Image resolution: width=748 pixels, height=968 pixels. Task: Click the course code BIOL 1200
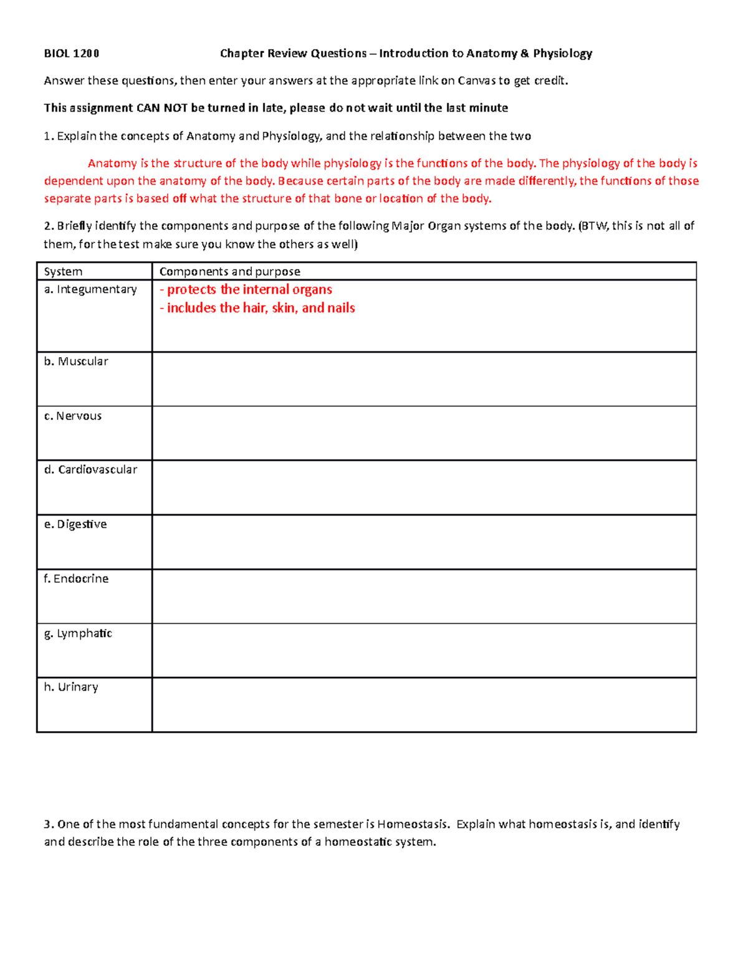point(71,54)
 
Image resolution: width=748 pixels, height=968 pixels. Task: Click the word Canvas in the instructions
point(476,80)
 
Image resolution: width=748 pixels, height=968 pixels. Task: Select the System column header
point(63,272)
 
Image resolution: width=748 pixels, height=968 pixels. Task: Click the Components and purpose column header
point(229,272)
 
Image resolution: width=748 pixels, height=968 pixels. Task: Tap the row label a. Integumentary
point(90,289)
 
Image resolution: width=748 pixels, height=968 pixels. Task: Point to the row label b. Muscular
point(76,362)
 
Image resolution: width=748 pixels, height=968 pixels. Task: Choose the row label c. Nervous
point(73,416)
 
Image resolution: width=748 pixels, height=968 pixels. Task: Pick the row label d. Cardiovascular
point(90,469)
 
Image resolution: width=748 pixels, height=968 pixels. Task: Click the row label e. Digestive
point(75,524)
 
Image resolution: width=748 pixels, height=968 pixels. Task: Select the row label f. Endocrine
point(76,578)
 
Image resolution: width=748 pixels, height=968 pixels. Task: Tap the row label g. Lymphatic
point(78,633)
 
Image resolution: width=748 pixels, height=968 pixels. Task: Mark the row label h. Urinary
point(71,687)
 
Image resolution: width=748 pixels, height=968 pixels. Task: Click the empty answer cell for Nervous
point(424,433)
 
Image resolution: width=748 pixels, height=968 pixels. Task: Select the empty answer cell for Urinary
point(424,704)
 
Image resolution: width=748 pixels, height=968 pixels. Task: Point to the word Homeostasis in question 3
point(412,824)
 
